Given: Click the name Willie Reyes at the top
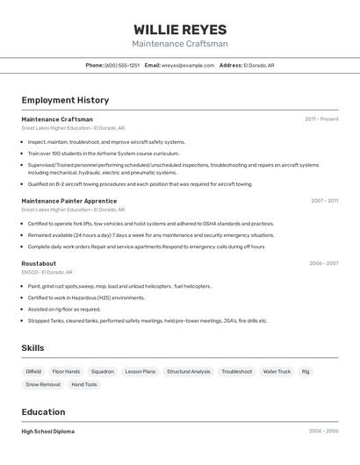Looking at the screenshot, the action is point(180,30).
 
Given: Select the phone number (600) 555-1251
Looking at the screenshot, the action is point(122,65).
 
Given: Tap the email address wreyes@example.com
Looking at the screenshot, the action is point(188,65).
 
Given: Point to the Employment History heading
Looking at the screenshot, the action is point(65,100).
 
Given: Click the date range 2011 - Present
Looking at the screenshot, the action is point(321,119).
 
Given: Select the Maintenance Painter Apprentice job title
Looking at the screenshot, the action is point(69,201).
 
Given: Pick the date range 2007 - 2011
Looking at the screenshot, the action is point(324,201).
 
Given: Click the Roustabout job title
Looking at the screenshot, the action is point(39,263).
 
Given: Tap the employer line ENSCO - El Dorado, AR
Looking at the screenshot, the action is point(47,272).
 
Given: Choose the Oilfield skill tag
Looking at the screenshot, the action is point(33,371).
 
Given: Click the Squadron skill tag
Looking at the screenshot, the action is point(102,371).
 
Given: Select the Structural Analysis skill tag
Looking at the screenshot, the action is point(189,371).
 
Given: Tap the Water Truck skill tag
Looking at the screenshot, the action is point(277,371).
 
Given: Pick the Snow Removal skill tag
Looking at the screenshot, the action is point(43,384).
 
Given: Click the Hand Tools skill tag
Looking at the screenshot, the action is point(84,384).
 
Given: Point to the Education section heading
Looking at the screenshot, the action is point(43,412).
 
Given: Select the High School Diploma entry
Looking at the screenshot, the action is point(47,432).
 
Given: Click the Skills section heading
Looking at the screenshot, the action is point(32,348).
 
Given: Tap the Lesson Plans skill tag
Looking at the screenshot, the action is point(140,371).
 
